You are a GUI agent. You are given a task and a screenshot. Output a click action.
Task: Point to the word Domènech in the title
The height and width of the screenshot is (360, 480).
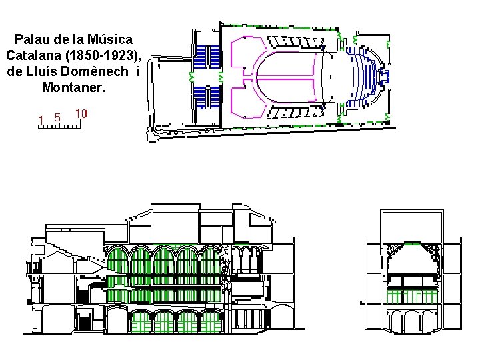(94, 71)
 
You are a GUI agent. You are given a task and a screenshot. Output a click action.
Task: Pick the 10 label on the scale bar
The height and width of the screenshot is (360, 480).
(81, 114)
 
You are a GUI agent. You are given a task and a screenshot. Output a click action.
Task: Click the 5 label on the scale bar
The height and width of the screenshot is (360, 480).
(57, 117)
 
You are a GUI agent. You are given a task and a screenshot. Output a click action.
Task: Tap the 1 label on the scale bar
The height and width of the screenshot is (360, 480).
(41, 120)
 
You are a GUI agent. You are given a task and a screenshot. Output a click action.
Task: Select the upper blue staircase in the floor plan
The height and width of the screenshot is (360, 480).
(207, 57)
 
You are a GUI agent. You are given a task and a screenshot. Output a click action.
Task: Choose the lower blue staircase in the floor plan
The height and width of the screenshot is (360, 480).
(207, 97)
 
